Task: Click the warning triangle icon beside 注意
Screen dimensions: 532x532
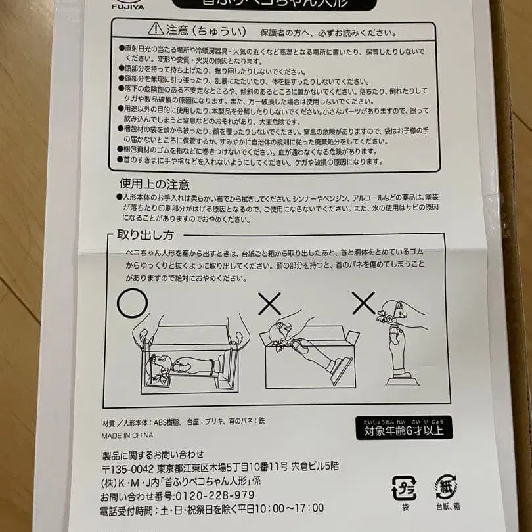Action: point(155,29)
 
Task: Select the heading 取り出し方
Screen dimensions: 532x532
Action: point(145,235)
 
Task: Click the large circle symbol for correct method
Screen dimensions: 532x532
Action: point(133,303)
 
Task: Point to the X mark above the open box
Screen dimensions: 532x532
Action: point(269,303)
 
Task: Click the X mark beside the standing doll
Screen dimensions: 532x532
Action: point(363,303)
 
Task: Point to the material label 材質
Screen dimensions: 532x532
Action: point(109,420)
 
